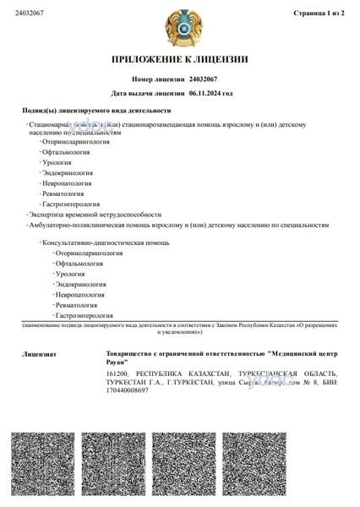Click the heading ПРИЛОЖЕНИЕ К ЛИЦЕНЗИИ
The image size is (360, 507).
[x=179, y=59]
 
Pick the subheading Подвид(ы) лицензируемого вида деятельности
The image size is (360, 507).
[x=96, y=111]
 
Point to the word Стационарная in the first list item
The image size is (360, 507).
[x=52, y=125]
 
